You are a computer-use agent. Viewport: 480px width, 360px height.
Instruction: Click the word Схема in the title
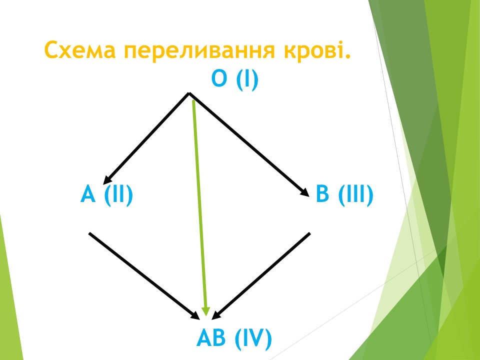[80, 49]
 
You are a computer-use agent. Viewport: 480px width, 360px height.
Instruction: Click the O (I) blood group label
[235, 79]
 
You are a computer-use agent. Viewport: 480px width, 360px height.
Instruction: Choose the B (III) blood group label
[344, 194]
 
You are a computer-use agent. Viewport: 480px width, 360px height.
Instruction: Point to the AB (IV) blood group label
[234, 338]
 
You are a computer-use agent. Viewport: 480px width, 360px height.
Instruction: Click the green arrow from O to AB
[199, 208]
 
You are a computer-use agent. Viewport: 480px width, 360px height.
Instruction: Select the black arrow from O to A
[146, 138]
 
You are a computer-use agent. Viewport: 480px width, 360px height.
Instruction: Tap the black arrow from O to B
[249, 144]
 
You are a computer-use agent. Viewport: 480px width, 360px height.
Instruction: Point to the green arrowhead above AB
[205, 311]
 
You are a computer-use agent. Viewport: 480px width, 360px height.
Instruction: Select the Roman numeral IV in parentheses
[253, 338]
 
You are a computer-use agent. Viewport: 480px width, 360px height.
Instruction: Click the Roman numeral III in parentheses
[355, 194]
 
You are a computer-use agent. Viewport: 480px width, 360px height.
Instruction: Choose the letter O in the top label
[219, 78]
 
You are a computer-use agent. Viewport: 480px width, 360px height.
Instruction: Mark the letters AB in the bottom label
[211, 338]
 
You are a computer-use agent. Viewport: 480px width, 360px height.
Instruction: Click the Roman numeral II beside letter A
[118, 194]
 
